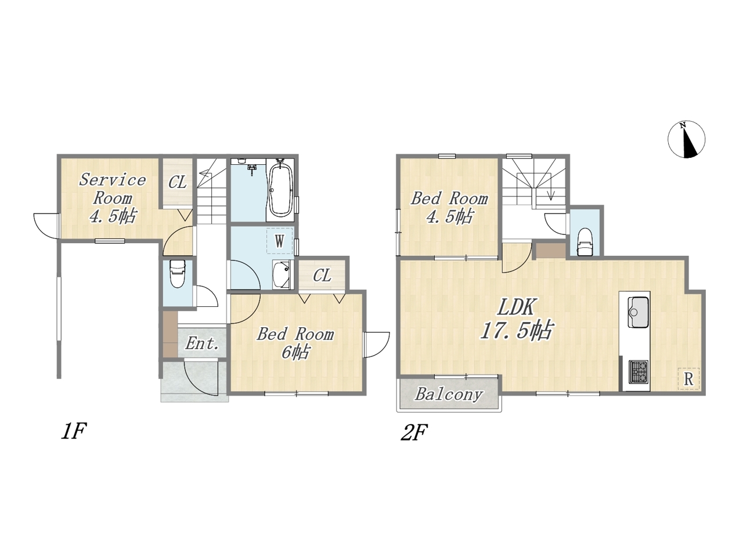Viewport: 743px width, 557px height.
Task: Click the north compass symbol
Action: pos(686,139)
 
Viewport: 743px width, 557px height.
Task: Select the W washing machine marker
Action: pos(280,241)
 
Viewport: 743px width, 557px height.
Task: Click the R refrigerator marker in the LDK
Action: pos(688,379)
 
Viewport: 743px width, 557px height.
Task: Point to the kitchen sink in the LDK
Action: pos(638,312)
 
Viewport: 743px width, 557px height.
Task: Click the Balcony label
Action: pos(449,394)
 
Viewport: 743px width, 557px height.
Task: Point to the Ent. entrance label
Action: pos(202,343)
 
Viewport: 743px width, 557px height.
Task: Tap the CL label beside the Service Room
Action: pos(178,183)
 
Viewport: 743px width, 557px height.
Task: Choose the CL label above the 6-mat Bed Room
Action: pos(322,276)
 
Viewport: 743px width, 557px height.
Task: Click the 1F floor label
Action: pos(74,432)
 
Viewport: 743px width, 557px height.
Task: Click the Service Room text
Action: pos(113,189)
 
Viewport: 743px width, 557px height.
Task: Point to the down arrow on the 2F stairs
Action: pos(551,195)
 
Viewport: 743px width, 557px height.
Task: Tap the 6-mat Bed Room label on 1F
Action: pos(295,343)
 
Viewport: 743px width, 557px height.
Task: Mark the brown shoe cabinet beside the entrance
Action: pos(170,334)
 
